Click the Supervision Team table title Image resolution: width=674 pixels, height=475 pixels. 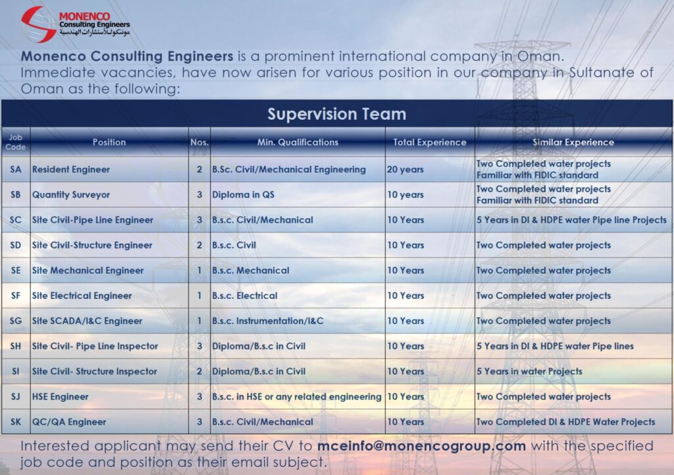pos(336,114)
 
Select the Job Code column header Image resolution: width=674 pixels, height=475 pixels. pos(16,142)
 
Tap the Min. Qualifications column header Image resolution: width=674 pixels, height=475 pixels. pos(298,142)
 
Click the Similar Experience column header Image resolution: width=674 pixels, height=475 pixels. pos(573,142)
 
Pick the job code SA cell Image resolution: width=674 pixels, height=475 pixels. pos(16,169)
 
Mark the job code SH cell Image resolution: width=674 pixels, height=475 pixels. pos(16,346)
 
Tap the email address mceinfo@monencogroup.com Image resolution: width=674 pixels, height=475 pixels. pos(421,446)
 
